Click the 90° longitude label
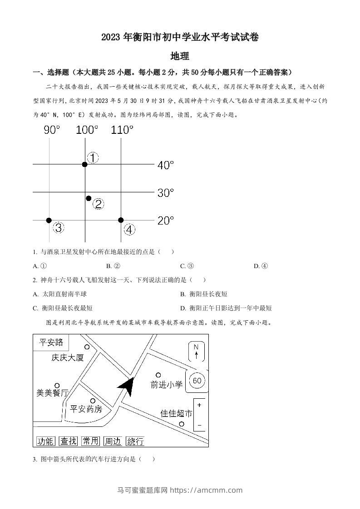52,130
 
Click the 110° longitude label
122,130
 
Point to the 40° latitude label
166,166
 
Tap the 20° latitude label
166,221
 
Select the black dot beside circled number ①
85,164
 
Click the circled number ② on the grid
98,204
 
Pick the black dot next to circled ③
49,220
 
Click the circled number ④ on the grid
130,230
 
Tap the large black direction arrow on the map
127,387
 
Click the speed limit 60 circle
197,381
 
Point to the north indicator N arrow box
196,352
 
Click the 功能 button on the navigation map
45,440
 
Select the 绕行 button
136,440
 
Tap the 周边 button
113,440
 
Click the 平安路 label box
51,342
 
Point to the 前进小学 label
167,385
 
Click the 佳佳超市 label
177,413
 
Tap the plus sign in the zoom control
199,405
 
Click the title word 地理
180,56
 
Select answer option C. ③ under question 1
187,266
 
